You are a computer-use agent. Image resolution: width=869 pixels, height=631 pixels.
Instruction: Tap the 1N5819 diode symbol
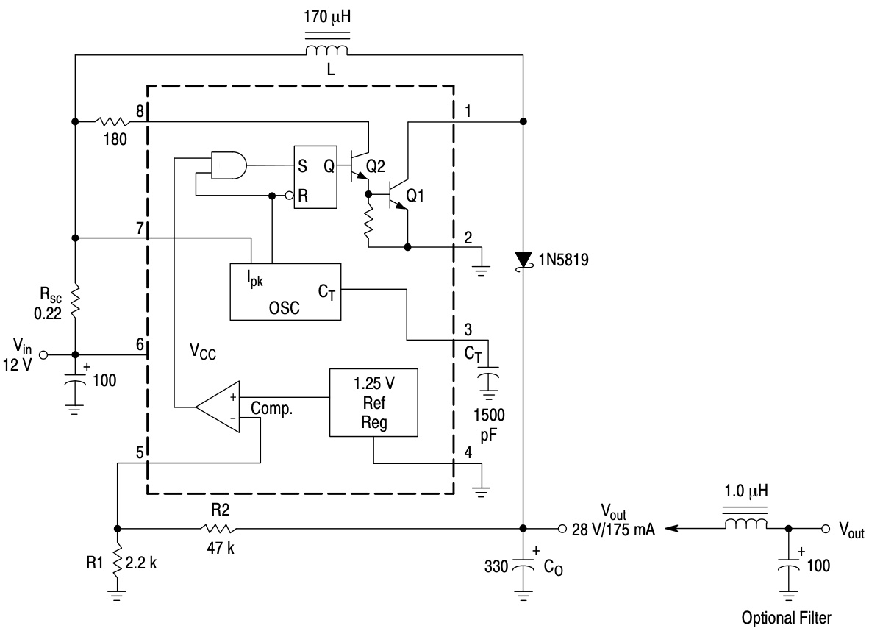pos(523,260)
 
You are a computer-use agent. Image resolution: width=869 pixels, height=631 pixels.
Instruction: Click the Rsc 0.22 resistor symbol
pos(76,302)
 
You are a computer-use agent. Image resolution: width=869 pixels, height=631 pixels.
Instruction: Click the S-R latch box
pos(315,177)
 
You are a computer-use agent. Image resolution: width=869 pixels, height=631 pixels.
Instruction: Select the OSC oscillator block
pos(285,292)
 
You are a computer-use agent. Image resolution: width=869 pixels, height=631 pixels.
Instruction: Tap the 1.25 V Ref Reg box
pos(373,402)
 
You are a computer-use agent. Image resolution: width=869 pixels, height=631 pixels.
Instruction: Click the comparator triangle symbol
pos(218,407)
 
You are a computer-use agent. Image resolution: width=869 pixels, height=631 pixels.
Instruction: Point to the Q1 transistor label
pos(415,196)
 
